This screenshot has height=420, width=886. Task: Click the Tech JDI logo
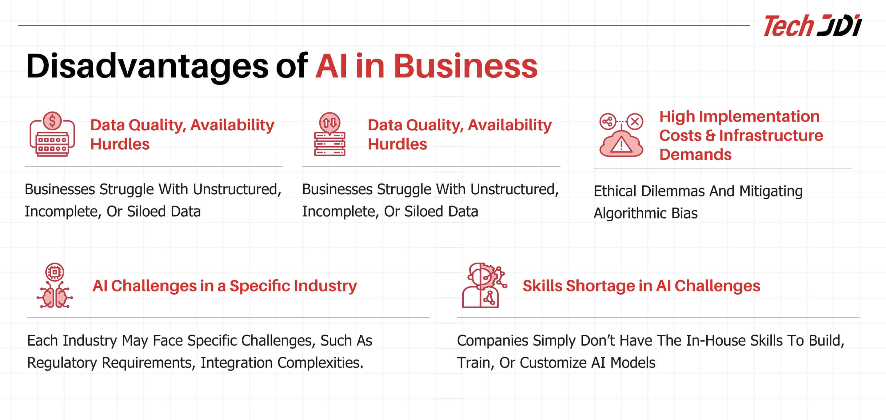[812, 26]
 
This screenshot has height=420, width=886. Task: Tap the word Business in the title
[465, 66]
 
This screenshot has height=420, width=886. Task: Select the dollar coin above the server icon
[52, 121]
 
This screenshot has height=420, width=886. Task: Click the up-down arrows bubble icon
[329, 123]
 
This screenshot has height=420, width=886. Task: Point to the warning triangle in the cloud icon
[621, 145]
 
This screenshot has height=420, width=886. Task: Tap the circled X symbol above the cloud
[635, 121]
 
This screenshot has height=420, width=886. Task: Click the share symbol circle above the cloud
[607, 121]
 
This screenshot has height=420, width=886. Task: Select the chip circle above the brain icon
[54, 272]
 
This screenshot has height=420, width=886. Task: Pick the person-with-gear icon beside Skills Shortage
[484, 285]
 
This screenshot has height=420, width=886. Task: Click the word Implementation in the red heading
[760, 117]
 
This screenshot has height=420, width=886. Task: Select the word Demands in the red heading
[696, 155]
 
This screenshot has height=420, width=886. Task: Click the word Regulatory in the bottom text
[62, 363]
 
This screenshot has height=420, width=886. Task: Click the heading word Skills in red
[542, 286]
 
